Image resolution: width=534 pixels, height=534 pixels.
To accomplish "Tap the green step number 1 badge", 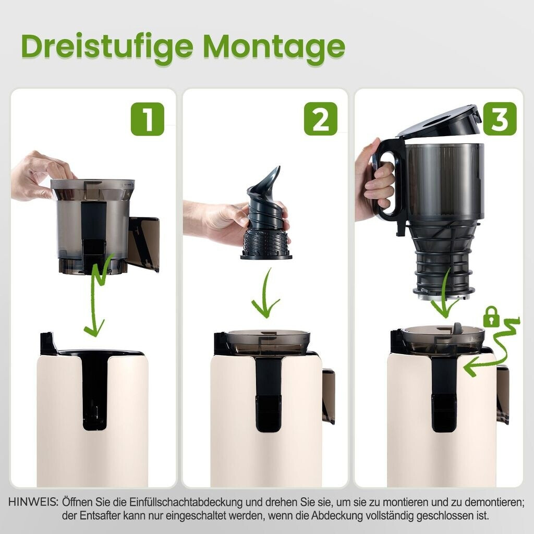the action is click(x=148, y=119).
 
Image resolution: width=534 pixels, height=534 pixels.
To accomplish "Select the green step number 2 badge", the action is click(x=321, y=119).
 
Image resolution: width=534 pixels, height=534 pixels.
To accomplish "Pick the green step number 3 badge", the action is click(x=500, y=119).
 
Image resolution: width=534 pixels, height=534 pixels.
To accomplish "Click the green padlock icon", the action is click(x=491, y=317).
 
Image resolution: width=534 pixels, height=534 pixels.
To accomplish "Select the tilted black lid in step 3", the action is click(x=439, y=122).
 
